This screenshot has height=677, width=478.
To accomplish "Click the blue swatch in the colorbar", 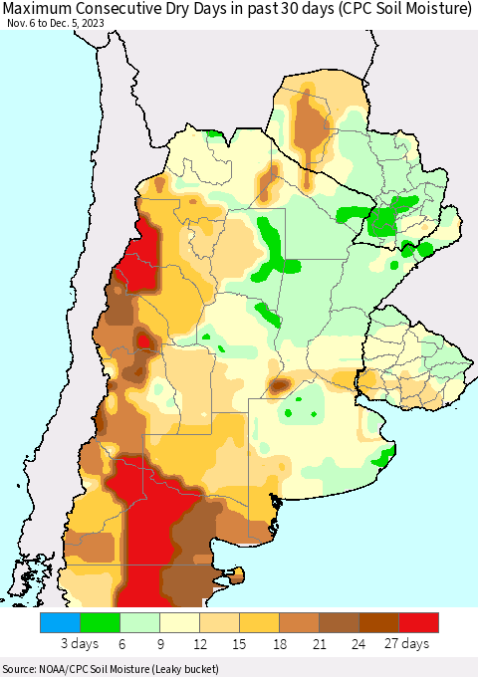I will pos(60,623).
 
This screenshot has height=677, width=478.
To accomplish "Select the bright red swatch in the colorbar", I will pos(418,623).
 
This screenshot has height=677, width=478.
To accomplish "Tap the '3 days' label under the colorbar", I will pos(79,644).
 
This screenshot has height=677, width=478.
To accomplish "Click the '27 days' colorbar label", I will pos(408,644).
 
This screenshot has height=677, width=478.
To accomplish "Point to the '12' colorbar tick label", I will pos(199,644).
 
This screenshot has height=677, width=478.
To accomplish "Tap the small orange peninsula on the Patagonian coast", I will pos(237,574).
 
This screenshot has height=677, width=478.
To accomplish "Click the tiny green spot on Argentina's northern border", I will pos(212,132).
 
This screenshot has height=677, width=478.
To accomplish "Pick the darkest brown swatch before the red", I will pos(378,623).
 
